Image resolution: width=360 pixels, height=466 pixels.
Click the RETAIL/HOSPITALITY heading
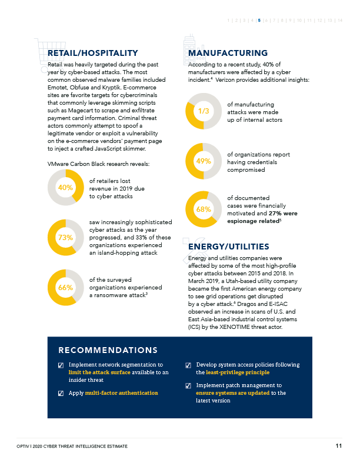[93, 54]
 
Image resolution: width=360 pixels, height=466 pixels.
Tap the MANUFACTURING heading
[228, 54]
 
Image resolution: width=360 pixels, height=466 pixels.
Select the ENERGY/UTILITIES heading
[229, 247]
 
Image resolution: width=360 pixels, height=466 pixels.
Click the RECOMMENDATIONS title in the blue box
[108, 351]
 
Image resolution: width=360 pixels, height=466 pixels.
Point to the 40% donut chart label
[65, 188]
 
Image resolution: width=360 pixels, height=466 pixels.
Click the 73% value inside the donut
[65, 238]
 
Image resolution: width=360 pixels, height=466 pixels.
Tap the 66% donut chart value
[65, 288]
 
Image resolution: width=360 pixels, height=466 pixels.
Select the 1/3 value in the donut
[203, 111]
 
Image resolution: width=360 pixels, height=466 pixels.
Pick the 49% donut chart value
[203, 161]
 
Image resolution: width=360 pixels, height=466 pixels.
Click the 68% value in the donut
[203, 209]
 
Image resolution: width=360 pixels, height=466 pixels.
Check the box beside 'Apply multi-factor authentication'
[61, 393]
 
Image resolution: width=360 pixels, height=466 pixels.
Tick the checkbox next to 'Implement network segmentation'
[61, 365]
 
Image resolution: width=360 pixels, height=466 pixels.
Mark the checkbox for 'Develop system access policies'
[188, 365]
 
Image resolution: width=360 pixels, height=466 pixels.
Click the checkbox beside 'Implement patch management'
[188, 386]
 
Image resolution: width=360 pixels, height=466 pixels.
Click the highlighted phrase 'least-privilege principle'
[232, 372]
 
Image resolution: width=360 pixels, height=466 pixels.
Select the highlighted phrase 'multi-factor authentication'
[121, 392]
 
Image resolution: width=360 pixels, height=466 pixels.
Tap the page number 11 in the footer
[339, 446]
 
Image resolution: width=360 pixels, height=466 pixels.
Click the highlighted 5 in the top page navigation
[259, 21]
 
